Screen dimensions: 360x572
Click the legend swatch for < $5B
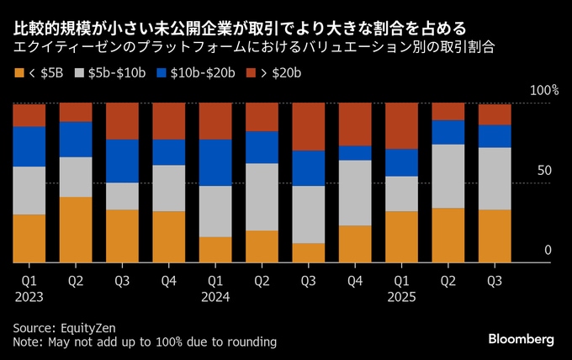point(19,73)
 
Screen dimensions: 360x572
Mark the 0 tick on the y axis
point(548,250)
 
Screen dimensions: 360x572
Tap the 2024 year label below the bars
point(214,296)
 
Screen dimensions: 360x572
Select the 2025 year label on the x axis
point(400,296)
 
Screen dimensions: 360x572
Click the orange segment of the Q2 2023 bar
point(76,230)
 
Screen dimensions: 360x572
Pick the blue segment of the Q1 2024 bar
point(215,162)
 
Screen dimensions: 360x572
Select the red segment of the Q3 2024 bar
point(308,127)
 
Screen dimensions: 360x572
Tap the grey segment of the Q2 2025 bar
point(448,176)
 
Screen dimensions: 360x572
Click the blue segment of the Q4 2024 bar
point(354,152)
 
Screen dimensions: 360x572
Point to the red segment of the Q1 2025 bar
point(401,126)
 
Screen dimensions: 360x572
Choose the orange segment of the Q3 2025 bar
point(494,236)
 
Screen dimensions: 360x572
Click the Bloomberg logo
point(522,339)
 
